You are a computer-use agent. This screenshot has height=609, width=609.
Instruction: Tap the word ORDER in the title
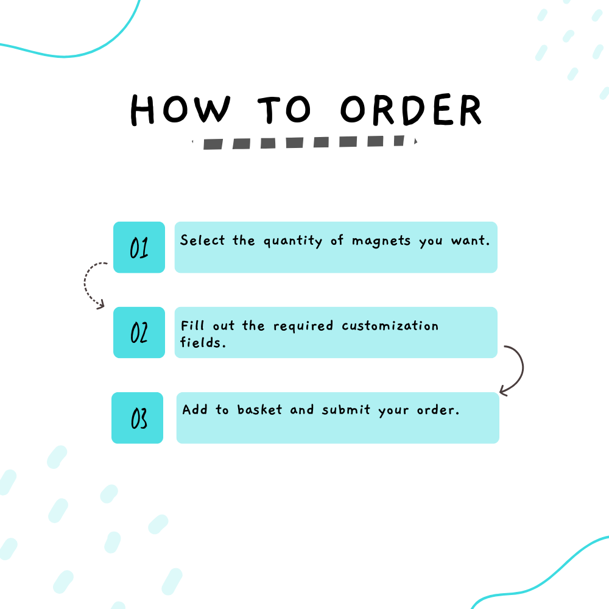411,110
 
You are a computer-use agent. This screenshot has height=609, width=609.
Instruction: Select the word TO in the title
284,110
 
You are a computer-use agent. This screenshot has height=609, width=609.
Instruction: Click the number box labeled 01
139,247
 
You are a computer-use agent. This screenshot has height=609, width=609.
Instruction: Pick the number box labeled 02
139,333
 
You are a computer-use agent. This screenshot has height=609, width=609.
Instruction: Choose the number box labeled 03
138,418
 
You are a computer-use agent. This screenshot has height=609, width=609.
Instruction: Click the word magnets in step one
381,241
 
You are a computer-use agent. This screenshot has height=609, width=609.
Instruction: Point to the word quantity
293,241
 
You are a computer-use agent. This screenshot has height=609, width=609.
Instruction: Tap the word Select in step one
202,240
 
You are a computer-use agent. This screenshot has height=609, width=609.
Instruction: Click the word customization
390,325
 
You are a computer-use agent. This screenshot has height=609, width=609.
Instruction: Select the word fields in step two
203,342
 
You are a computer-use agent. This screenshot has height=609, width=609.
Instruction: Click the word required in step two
303,326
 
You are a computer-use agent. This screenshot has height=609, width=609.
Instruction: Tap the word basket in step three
259,409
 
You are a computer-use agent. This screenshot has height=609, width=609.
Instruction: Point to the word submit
346,409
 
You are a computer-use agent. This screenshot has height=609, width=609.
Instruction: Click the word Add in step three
195,409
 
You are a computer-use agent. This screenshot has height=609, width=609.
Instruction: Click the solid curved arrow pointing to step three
523,369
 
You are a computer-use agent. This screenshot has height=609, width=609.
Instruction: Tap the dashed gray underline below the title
305,142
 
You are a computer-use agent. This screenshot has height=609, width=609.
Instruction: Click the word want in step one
470,241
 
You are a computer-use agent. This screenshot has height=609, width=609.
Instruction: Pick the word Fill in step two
192,325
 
